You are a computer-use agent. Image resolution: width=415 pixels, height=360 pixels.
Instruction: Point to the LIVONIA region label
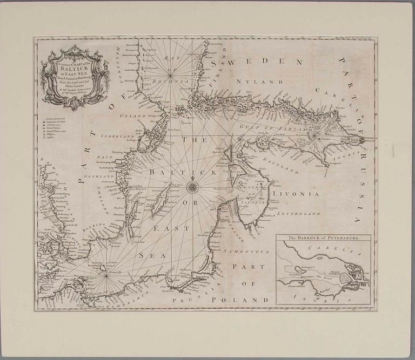point(296,193)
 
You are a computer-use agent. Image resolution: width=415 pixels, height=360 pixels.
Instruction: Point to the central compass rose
point(192,187)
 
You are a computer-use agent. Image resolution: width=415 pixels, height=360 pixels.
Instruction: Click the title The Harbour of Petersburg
point(323,237)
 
